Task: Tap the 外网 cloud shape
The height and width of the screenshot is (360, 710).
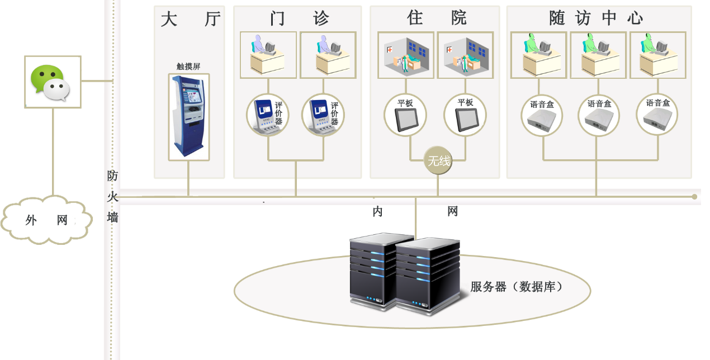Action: [46, 220]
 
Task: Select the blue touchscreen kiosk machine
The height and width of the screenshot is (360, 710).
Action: [188, 116]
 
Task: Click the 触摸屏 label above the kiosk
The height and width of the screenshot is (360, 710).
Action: [188, 66]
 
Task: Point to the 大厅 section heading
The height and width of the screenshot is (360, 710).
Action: [191, 18]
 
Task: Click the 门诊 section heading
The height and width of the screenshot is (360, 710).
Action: [300, 18]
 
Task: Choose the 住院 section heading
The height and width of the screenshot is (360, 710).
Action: [437, 17]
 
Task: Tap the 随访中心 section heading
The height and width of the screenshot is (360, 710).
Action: [596, 17]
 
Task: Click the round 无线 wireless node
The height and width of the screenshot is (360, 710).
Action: [438, 160]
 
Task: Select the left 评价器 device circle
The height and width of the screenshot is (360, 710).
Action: [268, 115]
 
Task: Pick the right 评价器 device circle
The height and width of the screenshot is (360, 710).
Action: [323, 115]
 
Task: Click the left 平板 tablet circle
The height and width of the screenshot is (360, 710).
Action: [405, 115]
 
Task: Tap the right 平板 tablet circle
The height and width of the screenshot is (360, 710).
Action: [465, 115]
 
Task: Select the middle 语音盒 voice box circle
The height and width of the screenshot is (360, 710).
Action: [599, 115]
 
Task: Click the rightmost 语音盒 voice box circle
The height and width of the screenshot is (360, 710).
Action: [657, 115]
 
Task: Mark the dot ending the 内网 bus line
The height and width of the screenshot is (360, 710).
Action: [694, 197]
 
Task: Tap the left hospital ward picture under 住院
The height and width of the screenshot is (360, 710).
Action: [406, 55]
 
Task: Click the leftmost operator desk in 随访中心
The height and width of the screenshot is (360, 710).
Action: [538, 55]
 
